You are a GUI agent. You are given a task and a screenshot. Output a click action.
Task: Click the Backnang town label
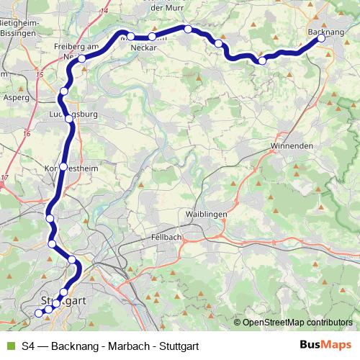tap(325, 32)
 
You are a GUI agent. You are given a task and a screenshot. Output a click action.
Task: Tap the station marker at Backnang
tap(321, 39)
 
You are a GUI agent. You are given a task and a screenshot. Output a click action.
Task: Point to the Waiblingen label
tap(206, 215)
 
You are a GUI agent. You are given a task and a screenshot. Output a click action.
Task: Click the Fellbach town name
tap(167, 236)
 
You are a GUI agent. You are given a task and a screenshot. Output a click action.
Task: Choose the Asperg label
tap(16, 96)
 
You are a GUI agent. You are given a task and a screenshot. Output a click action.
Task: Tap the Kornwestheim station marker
tap(63, 166)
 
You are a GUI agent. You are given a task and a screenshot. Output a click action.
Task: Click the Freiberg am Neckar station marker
tap(82, 58)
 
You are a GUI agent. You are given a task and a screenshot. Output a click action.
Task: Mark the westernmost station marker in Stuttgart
tap(39, 312)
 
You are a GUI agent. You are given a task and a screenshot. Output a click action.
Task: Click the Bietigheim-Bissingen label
tap(17, 27)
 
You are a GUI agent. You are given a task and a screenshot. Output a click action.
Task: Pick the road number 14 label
tap(105, 11)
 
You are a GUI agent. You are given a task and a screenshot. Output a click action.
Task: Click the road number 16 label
tap(27, 133)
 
